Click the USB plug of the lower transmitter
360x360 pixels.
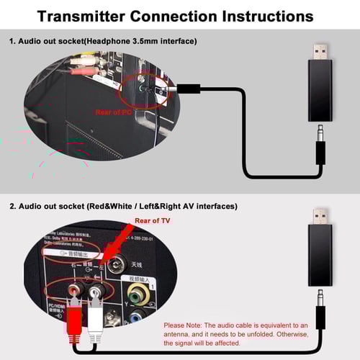click(321, 217)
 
